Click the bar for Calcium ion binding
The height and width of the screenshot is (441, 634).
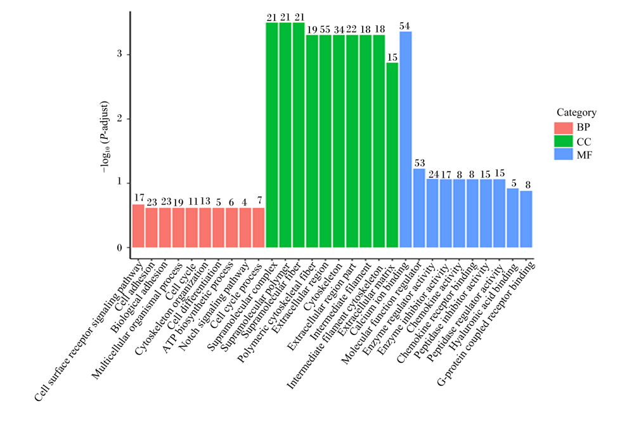tap(406, 139)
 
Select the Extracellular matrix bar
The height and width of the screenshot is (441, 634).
tap(392, 155)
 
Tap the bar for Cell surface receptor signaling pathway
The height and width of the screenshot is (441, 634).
tap(138, 226)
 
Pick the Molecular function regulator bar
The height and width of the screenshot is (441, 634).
tap(419, 208)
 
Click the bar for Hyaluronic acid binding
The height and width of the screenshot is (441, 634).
tap(513, 218)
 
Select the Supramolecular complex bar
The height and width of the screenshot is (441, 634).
tap(272, 135)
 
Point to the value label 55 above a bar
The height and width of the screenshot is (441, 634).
tap(325, 30)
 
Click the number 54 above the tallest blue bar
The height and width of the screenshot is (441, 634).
tap(404, 26)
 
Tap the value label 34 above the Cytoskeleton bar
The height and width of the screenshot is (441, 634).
tap(339, 30)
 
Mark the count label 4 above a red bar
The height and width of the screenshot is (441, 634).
tap(244, 202)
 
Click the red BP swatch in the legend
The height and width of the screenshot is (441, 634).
tap(563, 128)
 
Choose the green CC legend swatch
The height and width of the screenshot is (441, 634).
tap(563, 142)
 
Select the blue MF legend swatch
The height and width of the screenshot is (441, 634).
tap(563, 154)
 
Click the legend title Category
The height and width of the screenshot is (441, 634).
tap(576, 112)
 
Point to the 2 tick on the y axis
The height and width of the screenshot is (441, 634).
tap(120, 119)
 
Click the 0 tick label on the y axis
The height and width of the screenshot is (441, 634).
tap(120, 247)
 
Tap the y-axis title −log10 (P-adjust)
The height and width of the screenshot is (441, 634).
tap(105, 137)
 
